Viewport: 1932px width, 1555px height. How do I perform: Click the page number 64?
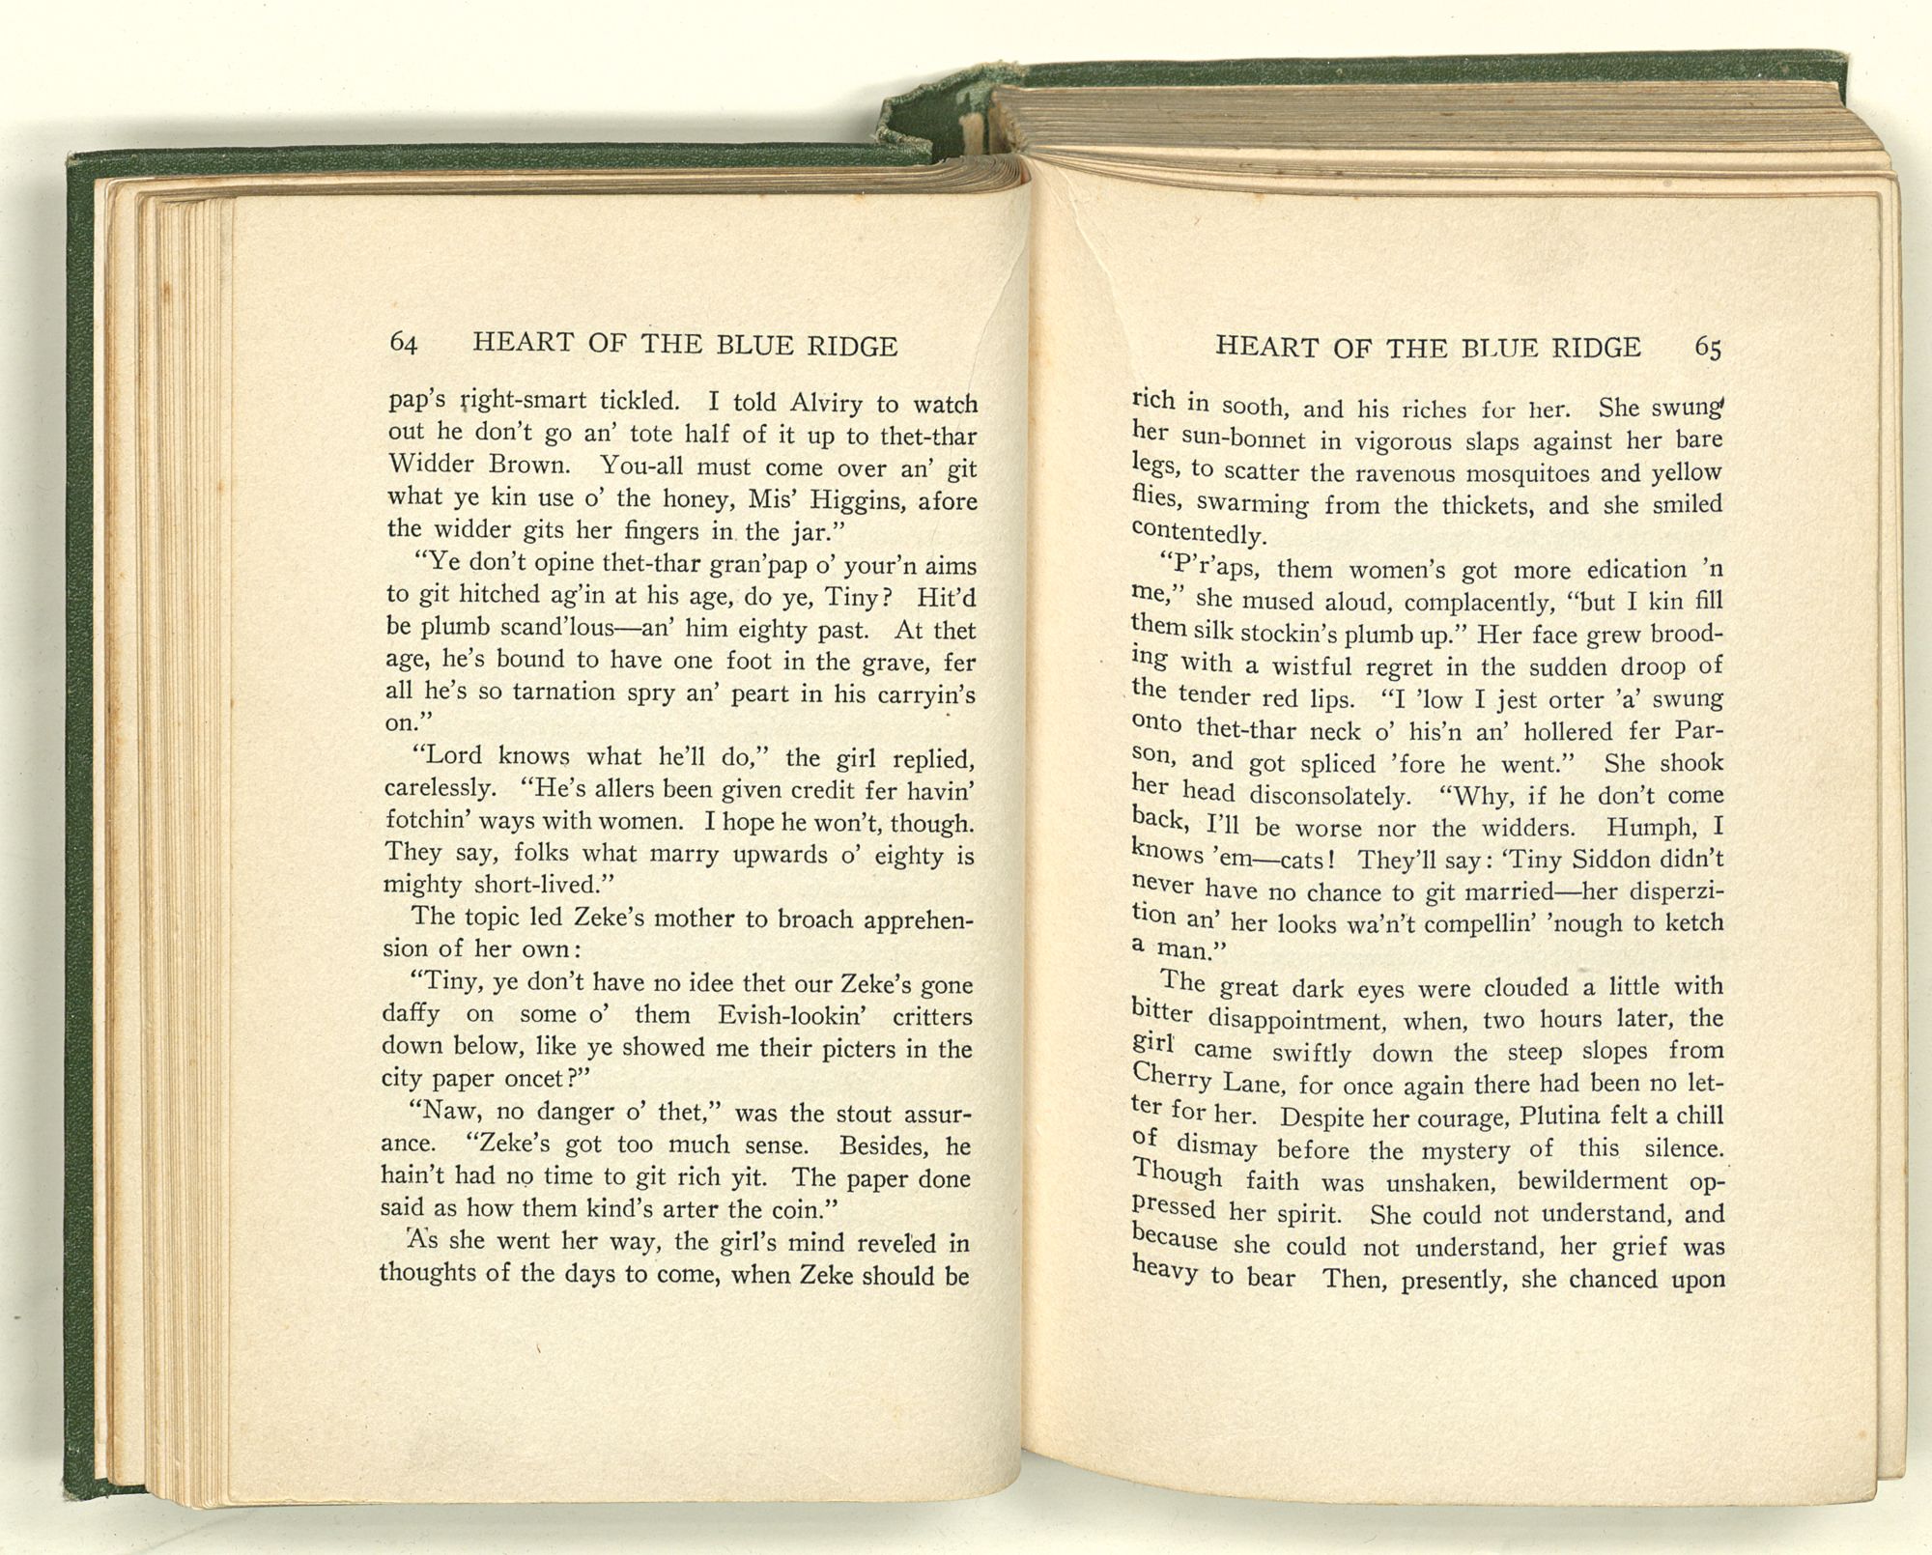click(403, 344)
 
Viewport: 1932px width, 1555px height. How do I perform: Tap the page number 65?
click(1708, 349)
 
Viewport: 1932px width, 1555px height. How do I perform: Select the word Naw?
click(442, 1112)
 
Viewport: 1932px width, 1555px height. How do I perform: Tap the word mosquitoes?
click(1520, 473)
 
